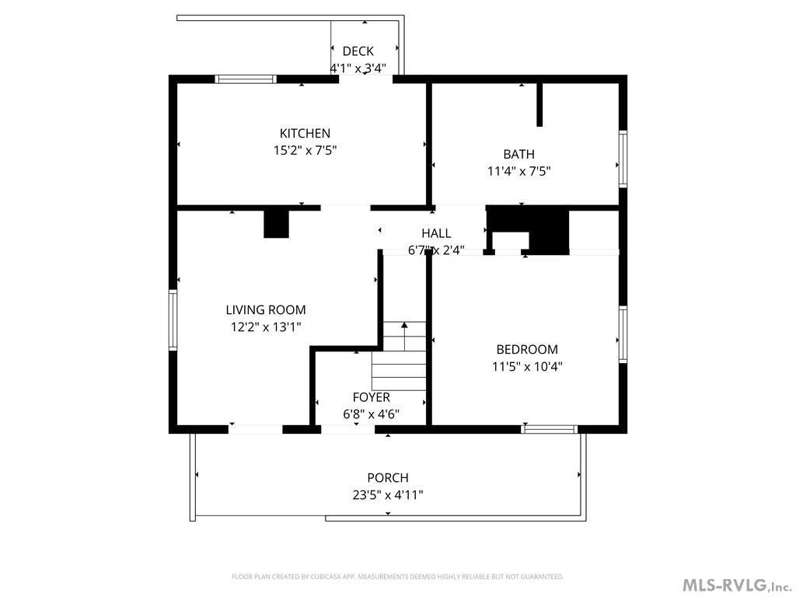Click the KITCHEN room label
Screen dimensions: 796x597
tap(305, 134)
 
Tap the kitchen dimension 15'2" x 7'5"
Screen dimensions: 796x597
tap(305, 150)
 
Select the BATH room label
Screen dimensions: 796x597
tap(518, 155)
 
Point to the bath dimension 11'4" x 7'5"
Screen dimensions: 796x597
tap(518, 171)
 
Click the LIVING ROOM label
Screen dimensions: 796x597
tap(266, 309)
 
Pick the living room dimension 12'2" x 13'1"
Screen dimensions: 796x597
tap(266, 327)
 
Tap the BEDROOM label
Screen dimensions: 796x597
tap(527, 349)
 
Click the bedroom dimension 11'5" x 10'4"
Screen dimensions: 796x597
tap(527, 367)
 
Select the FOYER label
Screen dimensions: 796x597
tap(372, 397)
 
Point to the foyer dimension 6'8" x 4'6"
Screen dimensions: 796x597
tap(371, 414)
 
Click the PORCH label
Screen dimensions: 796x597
tap(388, 478)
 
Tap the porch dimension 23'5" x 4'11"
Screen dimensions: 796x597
tap(388, 495)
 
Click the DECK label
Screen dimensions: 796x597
tap(358, 51)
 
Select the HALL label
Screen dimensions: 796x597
tap(436, 233)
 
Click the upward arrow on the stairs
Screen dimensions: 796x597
tap(404, 336)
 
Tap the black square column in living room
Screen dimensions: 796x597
tap(276, 224)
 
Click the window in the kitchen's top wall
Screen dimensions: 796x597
tap(246, 79)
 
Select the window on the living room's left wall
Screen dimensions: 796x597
tap(173, 319)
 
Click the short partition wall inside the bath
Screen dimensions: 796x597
tap(539, 105)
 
